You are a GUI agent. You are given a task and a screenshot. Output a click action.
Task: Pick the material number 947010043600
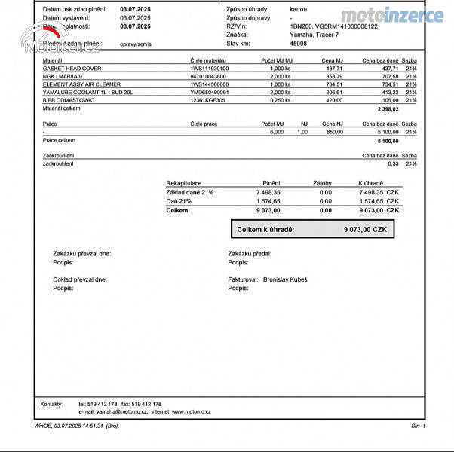pos(207,76)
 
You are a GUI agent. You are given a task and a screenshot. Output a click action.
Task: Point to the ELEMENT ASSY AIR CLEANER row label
pos(77,84)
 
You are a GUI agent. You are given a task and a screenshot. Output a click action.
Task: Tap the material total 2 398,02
pos(388,109)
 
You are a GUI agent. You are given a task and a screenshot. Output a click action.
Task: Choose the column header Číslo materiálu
pos(209,60)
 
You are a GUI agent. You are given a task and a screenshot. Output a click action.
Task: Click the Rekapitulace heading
pos(183,183)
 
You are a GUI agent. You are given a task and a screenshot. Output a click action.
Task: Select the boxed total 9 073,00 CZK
pos(365,229)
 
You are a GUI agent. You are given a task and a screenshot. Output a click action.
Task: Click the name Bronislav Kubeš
pos(285,279)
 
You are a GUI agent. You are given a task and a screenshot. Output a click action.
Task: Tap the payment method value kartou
pos(298,9)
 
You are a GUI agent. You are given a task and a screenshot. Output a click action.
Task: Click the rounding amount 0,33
pos(393,163)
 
